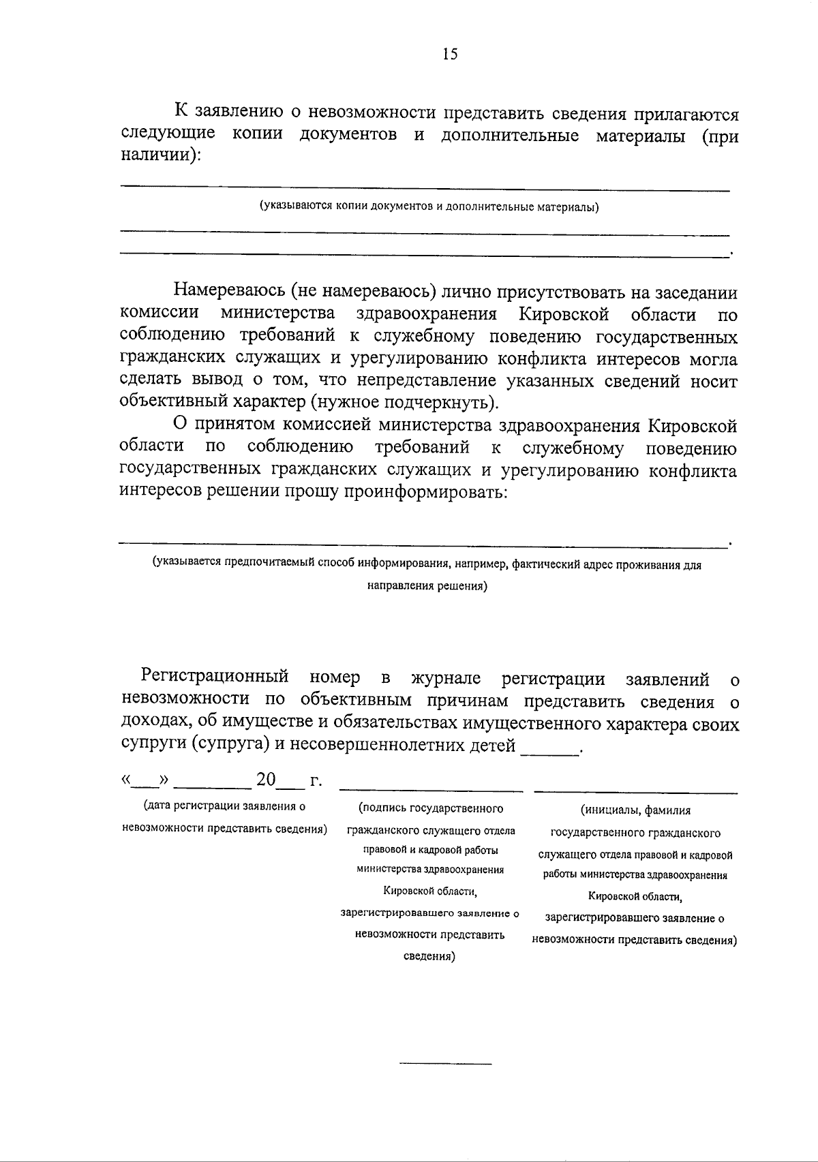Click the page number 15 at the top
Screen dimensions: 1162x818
[450, 55]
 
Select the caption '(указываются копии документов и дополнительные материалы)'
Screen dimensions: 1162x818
[428, 207]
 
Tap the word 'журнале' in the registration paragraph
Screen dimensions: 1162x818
[446, 678]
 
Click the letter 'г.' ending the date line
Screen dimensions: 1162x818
[315, 781]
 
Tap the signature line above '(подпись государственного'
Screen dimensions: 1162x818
[431, 791]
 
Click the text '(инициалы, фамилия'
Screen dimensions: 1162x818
[635, 810]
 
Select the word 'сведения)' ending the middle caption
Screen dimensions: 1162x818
[429, 956]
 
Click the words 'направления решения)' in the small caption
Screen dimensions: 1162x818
[427, 585]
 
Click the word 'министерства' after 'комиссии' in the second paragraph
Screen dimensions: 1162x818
[278, 314]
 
